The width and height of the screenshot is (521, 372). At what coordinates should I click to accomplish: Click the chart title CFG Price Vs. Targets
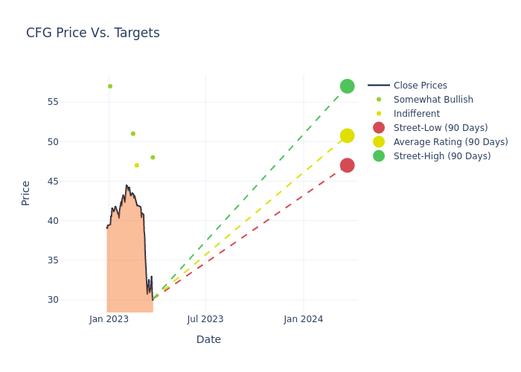[x=93, y=33]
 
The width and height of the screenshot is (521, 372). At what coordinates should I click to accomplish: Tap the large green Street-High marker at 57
[x=347, y=86]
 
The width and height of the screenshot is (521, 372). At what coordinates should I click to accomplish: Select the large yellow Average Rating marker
[x=347, y=135]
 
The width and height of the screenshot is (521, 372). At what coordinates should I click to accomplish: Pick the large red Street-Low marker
[x=347, y=165]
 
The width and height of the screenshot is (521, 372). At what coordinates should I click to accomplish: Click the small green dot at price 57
[x=110, y=86]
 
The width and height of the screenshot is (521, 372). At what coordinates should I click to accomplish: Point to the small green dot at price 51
[x=133, y=134]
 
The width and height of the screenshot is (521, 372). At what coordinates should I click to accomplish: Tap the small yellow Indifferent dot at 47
[x=136, y=165]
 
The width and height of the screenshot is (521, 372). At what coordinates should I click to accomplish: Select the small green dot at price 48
[x=153, y=158]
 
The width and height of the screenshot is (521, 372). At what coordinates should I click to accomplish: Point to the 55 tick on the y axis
[x=53, y=102]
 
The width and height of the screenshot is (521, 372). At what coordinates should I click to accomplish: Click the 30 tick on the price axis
[x=53, y=300]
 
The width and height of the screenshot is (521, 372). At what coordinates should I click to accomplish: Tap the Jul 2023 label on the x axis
[x=205, y=319]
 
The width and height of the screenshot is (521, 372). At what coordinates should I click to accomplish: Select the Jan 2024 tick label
[x=304, y=319]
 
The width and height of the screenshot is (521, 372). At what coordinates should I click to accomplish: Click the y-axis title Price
[x=25, y=193]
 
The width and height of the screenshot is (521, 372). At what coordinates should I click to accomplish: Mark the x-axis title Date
[x=208, y=339]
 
